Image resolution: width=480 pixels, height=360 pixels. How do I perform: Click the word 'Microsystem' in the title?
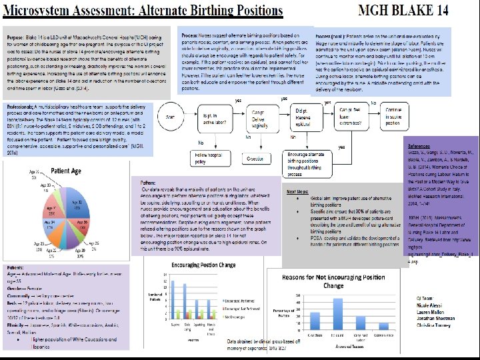pyautogui.click(x=43, y=11)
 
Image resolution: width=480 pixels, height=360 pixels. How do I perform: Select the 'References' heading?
pyautogui.click(x=419, y=144)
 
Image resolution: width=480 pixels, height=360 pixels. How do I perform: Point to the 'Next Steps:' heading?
pyautogui.click(x=299, y=192)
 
